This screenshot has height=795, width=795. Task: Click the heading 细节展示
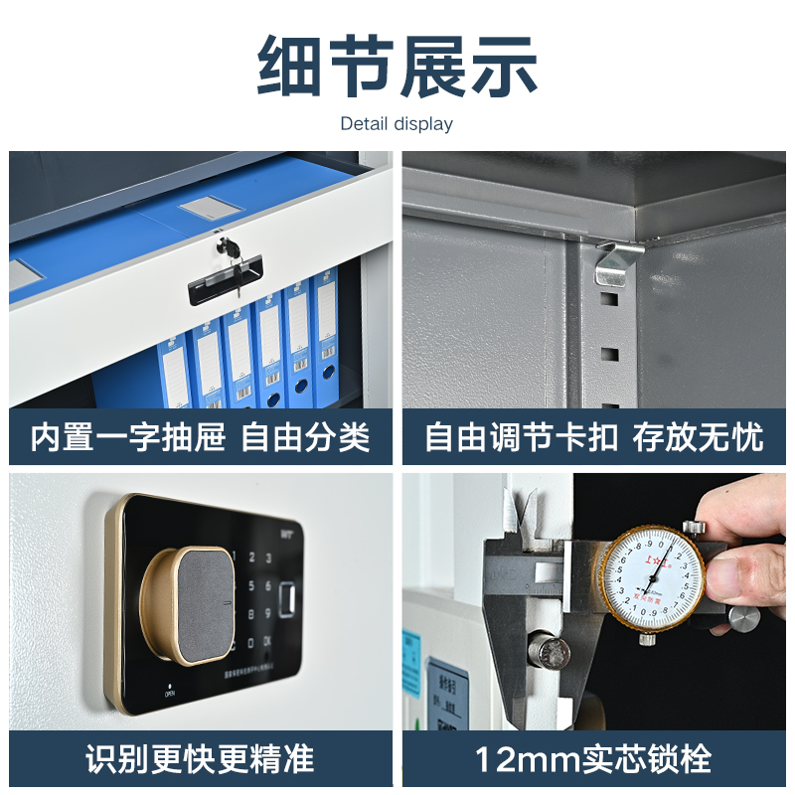coord(397,68)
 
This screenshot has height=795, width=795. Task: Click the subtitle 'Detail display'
coord(397,124)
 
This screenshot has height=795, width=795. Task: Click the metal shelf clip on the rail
coord(613,262)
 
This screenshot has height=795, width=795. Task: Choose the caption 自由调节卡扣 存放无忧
coord(593,437)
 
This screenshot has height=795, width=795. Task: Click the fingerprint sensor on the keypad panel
coord(289,600)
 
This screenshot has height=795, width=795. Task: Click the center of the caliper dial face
coord(653,578)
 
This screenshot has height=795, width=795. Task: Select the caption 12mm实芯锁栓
coord(593,759)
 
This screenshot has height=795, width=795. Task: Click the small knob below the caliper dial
coord(647,639)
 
